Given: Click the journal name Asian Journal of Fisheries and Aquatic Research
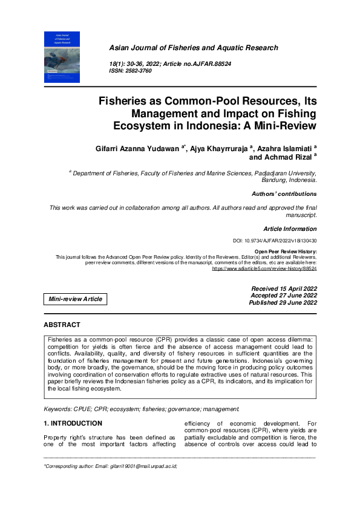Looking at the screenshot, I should [x=193, y=48].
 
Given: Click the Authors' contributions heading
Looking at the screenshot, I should [x=284, y=194].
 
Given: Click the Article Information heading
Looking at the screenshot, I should [x=289, y=229].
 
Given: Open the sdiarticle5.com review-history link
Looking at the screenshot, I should [x=264, y=268].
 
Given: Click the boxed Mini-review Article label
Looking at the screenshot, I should [x=76, y=299].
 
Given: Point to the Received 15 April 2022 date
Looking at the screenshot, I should [x=284, y=289].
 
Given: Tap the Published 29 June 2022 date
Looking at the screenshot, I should [x=283, y=302].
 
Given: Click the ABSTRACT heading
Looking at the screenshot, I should [x=62, y=325].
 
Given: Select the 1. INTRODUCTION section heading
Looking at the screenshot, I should [x=73, y=423].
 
